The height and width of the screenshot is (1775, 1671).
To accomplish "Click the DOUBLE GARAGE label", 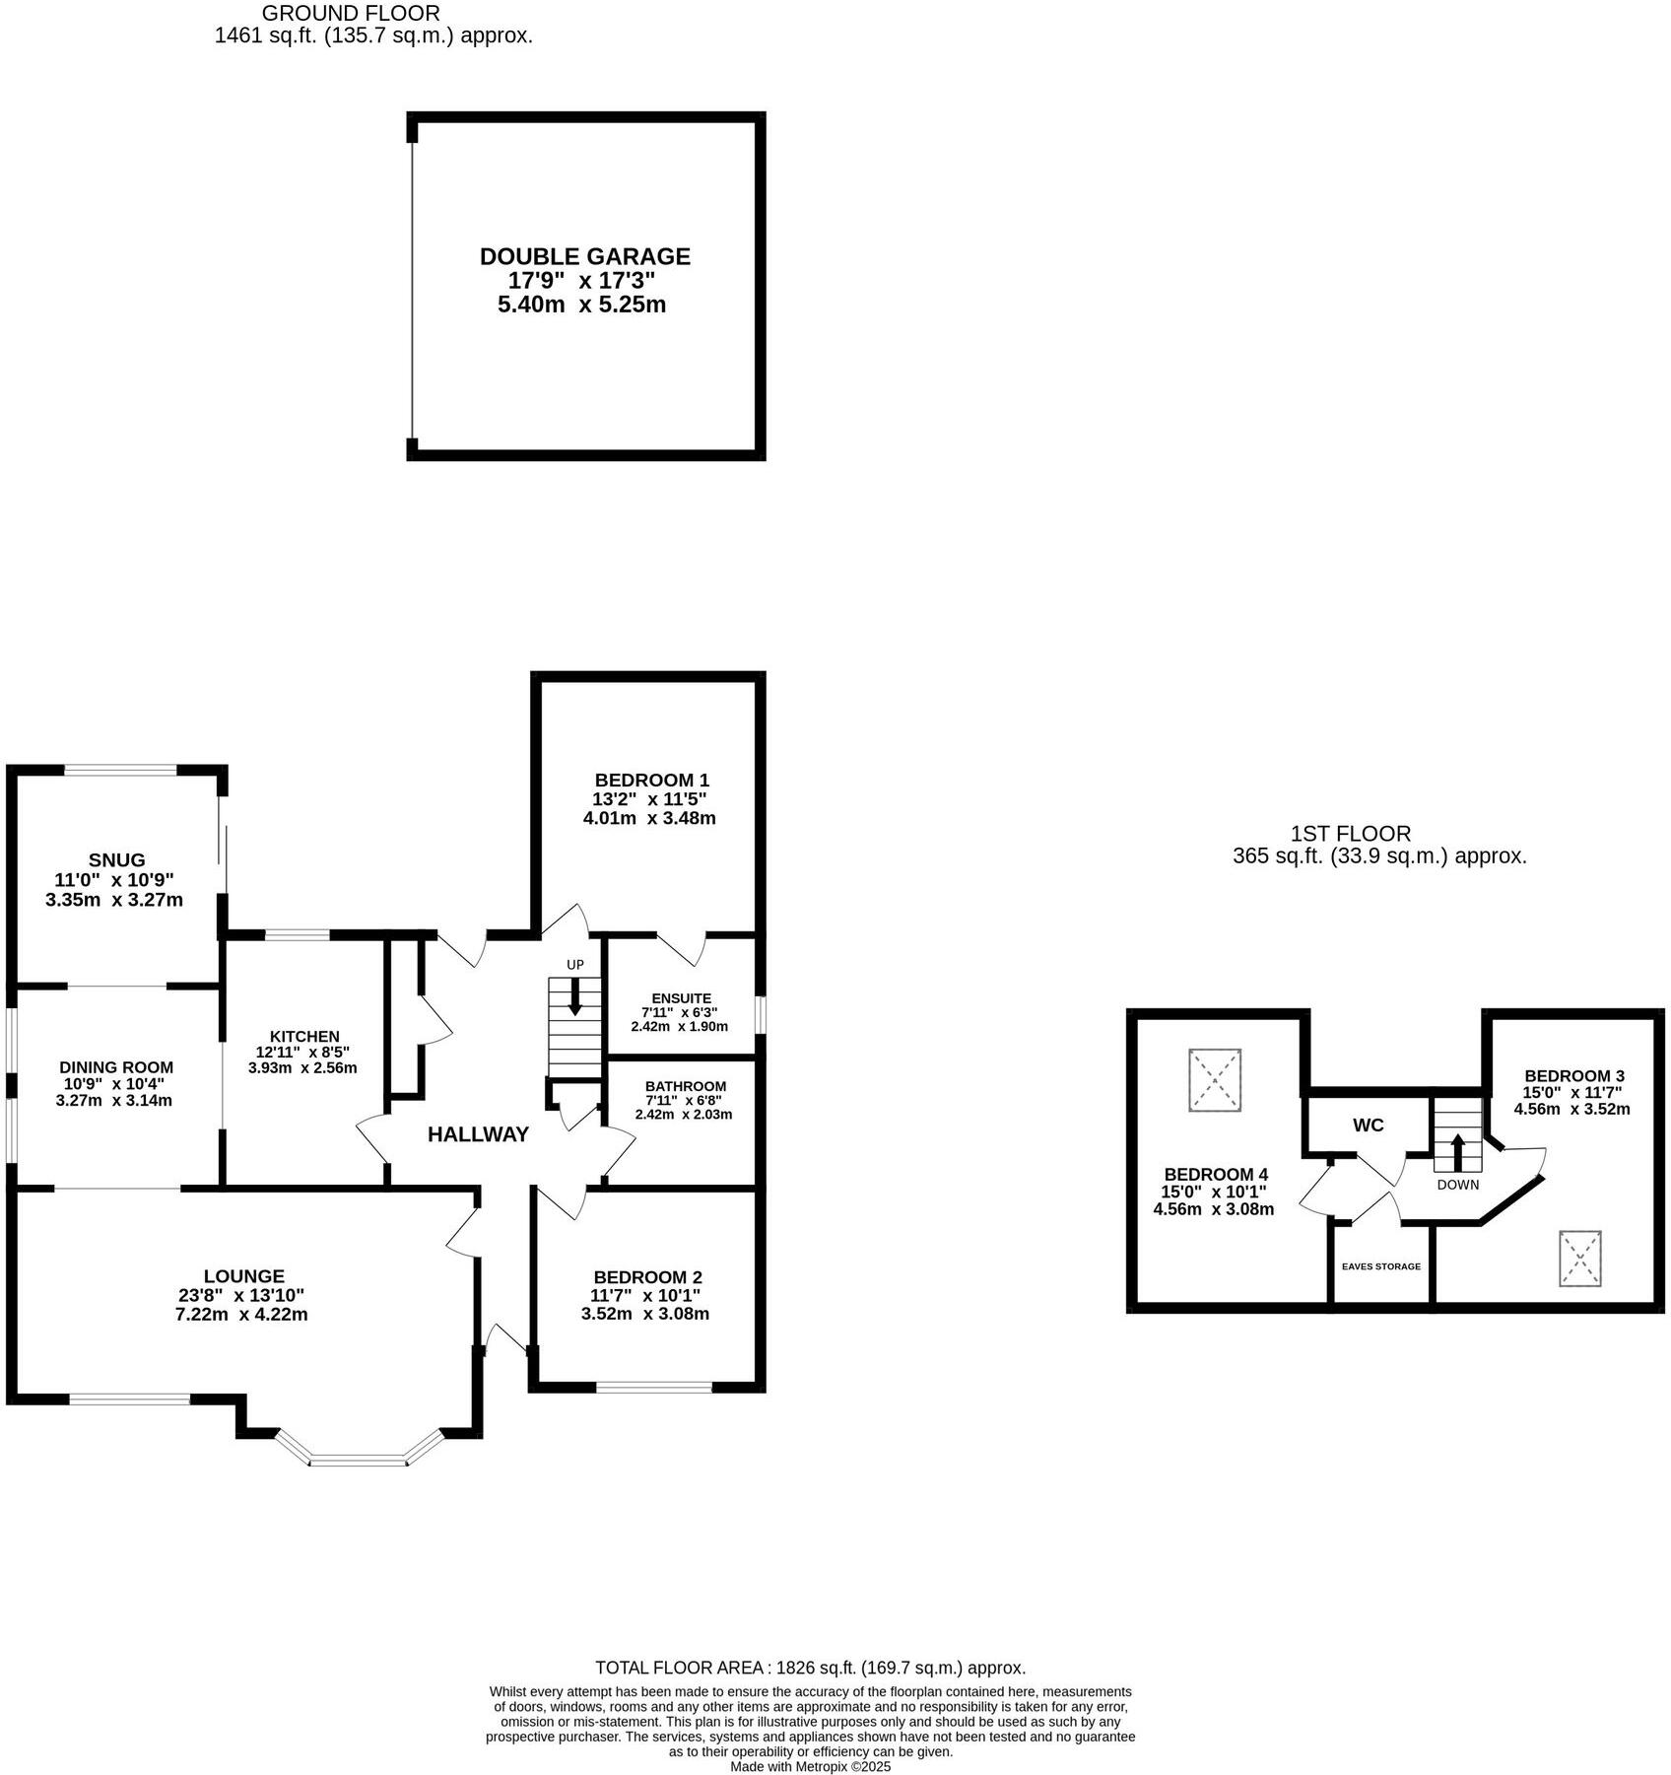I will click(584, 256).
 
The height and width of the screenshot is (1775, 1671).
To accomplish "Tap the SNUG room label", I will click(116, 860).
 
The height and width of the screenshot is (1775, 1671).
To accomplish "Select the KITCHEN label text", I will click(304, 1037).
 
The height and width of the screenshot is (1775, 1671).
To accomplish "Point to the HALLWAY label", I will click(478, 1134).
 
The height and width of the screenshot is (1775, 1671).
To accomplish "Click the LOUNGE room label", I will click(244, 1276).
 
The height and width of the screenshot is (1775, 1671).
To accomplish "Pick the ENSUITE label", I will click(681, 998).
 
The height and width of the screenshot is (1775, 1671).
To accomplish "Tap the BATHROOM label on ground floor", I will click(686, 1086).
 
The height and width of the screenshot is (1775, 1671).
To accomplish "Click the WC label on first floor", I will click(1369, 1126).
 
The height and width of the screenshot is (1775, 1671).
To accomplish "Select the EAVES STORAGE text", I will click(1381, 1266).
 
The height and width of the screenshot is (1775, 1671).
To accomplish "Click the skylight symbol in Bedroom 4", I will click(1215, 1081).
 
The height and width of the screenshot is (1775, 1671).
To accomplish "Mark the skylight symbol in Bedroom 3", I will click(1580, 1259).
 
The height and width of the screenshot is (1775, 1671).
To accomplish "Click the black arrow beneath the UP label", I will click(574, 996).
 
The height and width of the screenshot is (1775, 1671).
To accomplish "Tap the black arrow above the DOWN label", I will click(1457, 1150).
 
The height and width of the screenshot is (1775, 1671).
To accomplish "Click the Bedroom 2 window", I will click(654, 1388).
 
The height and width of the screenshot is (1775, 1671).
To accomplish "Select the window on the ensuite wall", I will click(760, 1015).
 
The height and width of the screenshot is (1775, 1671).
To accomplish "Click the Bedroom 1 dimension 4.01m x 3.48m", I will click(649, 818).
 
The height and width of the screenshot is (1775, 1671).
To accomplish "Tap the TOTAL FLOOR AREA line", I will click(810, 1668).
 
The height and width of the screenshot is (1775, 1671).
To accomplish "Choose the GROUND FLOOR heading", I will click(351, 14).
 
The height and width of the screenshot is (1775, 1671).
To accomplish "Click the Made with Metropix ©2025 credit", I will click(810, 1767).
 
